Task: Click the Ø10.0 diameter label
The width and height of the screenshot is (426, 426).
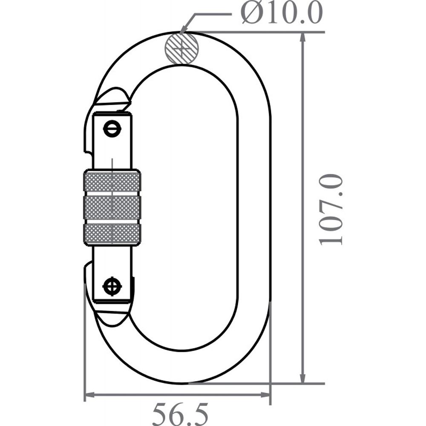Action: (x=282, y=14)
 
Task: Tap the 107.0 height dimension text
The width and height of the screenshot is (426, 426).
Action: (x=331, y=209)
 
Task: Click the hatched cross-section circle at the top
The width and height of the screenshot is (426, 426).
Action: (x=182, y=48)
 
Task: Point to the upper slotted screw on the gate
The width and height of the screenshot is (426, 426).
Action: (x=112, y=129)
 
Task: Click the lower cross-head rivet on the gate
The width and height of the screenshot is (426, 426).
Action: (x=112, y=286)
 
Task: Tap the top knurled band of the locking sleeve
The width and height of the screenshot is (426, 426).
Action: (x=112, y=181)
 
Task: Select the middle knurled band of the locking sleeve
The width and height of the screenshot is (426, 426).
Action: (x=112, y=208)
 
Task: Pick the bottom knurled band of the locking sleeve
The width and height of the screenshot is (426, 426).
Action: (x=112, y=234)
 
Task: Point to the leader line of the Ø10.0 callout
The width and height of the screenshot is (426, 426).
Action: (x=200, y=16)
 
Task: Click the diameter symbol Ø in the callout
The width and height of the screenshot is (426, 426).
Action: (x=251, y=14)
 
